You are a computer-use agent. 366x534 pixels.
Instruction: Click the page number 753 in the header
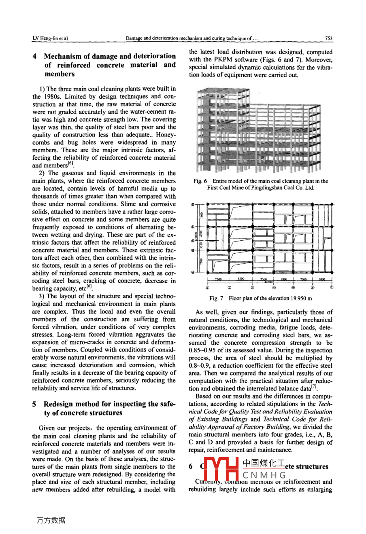(328, 38)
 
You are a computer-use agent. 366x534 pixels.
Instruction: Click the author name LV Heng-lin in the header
(45, 38)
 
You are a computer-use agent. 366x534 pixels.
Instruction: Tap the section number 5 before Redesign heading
(35, 404)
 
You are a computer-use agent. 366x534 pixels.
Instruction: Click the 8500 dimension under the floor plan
(241, 279)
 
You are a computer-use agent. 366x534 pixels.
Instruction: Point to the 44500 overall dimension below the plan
(268, 282)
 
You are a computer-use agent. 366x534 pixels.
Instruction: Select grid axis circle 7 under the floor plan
(332, 288)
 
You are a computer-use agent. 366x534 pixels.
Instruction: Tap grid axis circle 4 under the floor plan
(274, 288)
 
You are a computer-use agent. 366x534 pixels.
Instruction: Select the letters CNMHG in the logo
(264, 475)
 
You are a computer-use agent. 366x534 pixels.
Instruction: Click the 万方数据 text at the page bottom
(51, 520)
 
